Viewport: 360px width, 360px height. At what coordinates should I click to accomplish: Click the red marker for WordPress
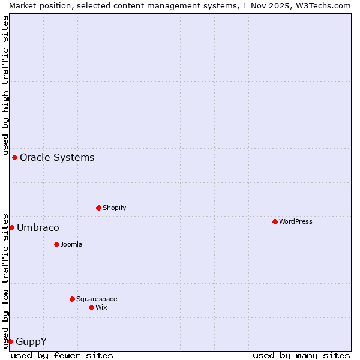[275, 221]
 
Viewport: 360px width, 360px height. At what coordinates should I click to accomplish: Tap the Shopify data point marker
[98, 208]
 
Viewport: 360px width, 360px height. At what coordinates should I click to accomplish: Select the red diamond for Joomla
[56, 244]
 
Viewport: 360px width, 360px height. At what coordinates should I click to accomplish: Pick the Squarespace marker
[72, 299]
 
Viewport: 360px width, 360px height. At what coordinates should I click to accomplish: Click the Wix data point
[91, 307]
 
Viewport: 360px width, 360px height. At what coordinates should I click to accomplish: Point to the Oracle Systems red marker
[14, 157]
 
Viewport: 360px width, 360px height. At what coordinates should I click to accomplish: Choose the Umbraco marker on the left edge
[11, 227]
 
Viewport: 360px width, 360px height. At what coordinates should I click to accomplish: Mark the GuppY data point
[10, 341]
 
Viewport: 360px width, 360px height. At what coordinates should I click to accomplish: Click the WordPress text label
[296, 221]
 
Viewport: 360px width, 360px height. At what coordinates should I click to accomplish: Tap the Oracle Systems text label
[57, 157]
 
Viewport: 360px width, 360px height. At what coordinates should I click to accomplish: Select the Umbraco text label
[38, 227]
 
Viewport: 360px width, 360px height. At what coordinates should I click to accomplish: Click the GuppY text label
[31, 341]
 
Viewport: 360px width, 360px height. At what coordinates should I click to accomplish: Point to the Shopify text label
[114, 208]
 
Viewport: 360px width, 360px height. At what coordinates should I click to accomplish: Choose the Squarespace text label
[97, 299]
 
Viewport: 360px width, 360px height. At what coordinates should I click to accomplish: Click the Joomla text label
[71, 244]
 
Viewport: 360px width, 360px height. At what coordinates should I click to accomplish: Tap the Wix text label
[101, 307]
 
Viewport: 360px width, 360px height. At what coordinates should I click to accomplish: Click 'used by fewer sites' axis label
[62, 355]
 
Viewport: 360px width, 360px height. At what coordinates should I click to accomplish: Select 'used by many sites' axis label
[301, 355]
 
